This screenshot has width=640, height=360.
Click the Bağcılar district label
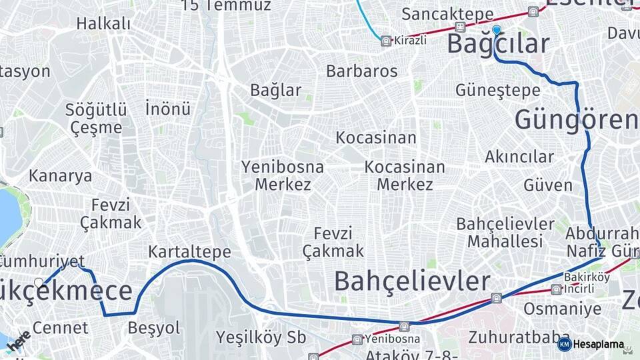click(x=498, y=44)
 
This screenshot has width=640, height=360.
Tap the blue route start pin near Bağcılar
click(x=496, y=30)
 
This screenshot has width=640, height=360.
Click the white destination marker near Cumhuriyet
click(x=39, y=283)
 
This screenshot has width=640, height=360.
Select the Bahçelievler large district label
click(x=412, y=281)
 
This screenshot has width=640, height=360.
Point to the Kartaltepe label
click(x=189, y=252)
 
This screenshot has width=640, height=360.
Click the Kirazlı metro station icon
click(x=385, y=41)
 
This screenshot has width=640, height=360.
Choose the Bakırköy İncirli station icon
click(x=556, y=289)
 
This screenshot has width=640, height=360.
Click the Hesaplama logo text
click(x=598, y=345)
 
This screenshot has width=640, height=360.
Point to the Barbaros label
click(x=361, y=71)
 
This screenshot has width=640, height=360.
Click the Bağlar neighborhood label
click(x=275, y=90)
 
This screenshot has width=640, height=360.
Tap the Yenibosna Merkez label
click(x=283, y=175)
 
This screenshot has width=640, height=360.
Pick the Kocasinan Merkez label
click(x=405, y=175)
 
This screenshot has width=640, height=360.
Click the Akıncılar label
click(x=519, y=157)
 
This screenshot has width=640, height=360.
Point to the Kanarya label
click(x=60, y=176)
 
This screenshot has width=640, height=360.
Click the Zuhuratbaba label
click(x=509, y=336)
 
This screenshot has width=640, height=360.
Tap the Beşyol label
click(x=154, y=328)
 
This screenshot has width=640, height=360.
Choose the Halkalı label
click(x=103, y=24)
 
